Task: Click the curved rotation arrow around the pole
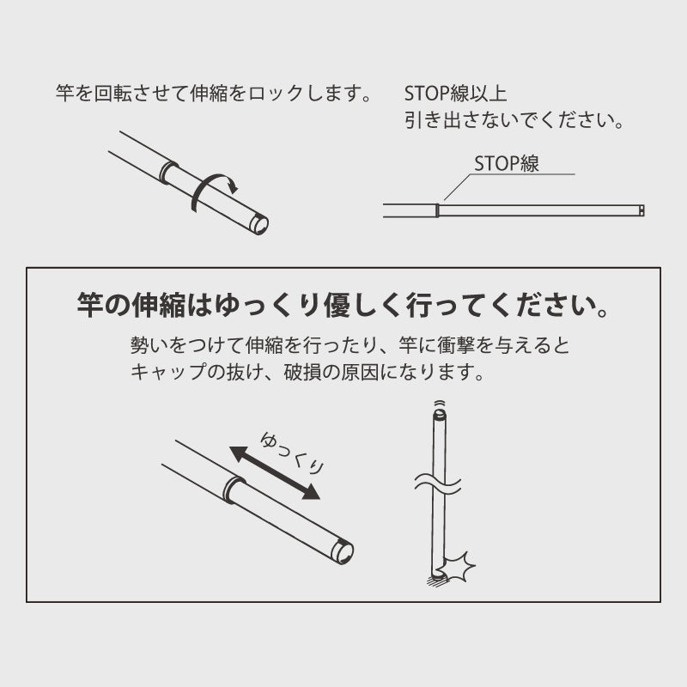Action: (x=212, y=191)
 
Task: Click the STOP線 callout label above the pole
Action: (x=507, y=164)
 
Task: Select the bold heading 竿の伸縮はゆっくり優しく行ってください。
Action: (x=343, y=307)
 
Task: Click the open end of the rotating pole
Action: (x=258, y=225)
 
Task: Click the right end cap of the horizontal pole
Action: (x=641, y=210)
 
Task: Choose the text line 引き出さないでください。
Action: (x=514, y=120)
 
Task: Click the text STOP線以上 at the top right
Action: (x=460, y=92)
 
